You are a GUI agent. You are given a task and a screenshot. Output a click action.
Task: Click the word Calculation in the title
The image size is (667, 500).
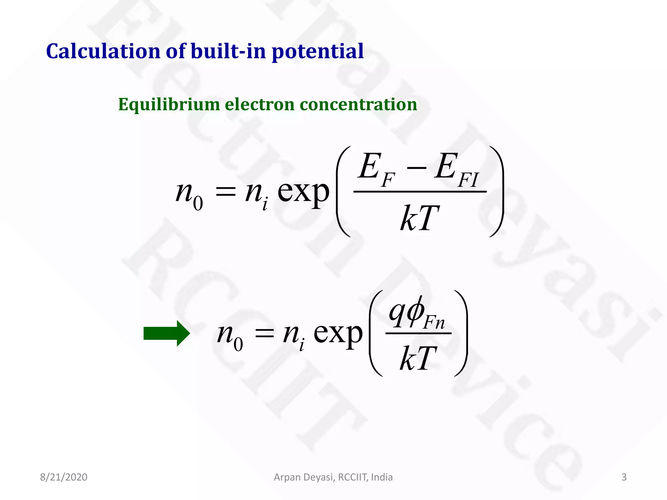click(x=103, y=51)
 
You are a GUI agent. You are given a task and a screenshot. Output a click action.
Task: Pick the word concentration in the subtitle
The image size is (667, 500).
click(x=358, y=105)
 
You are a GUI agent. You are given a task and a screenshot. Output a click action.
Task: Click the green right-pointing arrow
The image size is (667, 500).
click(x=166, y=333)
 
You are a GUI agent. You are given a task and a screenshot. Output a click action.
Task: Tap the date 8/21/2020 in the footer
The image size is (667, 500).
click(x=64, y=477)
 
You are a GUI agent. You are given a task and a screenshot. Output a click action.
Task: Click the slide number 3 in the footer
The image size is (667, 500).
click(x=624, y=477)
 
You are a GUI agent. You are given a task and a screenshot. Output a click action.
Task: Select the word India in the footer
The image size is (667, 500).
click(x=382, y=477)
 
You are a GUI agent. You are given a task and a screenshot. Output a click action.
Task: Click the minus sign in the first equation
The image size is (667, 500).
click(x=416, y=168)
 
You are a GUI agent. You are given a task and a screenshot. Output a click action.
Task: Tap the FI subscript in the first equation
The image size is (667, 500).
click(x=468, y=179)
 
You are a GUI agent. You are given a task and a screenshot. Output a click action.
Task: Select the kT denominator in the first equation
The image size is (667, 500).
click(x=419, y=218)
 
